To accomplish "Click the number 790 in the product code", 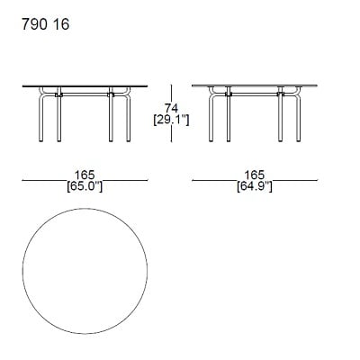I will pyautogui.click(x=33, y=24).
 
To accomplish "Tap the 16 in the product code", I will pyautogui.click(x=58, y=24).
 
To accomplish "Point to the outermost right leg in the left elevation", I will pyautogui.click(x=128, y=117).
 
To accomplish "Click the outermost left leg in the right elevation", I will pyautogui.click(x=212, y=117).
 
